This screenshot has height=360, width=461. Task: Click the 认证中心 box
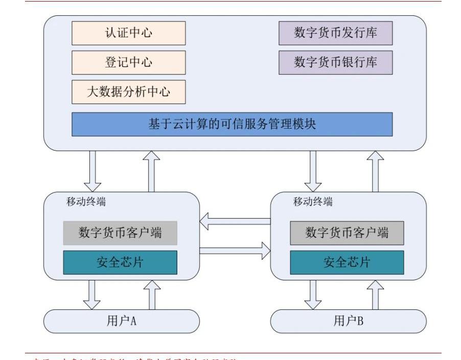coord(128,33)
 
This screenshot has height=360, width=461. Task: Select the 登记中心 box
coord(128,62)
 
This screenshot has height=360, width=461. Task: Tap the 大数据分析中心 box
coord(128,92)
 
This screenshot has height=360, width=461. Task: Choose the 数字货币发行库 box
coord(335,33)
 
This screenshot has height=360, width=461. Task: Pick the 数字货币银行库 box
coord(335,62)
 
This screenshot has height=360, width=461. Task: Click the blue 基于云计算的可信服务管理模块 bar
coord(232,124)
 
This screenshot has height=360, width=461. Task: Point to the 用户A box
coord(121,321)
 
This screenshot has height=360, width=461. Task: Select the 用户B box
coord(348,321)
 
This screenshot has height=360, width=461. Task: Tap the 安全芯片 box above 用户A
coord(120,262)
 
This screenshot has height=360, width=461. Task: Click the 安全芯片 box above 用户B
coord(347,262)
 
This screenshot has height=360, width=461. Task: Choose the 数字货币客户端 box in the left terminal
coord(120,233)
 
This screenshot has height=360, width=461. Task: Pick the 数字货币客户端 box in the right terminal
coord(347,233)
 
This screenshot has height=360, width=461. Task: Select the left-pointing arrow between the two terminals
coord(235,222)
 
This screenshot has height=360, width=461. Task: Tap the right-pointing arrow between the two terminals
coord(235,250)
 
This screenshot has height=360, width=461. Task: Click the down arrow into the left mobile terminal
coord(93,171)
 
